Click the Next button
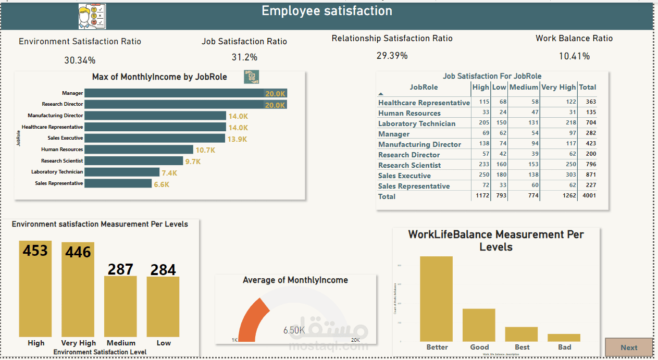(628, 347)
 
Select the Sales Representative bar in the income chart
(118, 183)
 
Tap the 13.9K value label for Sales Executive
(237, 139)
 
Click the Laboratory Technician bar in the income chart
(122, 172)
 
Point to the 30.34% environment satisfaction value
(80, 60)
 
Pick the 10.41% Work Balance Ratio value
(574, 56)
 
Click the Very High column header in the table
(558, 88)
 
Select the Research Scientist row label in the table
(409, 165)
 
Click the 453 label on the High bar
(35, 251)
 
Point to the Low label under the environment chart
(164, 343)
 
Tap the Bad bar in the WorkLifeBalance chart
(564, 338)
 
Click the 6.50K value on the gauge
(294, 330)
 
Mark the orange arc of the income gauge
(252, 319)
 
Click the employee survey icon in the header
(92, 16)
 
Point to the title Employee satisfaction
(327, 11)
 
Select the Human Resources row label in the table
(409, 113)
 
